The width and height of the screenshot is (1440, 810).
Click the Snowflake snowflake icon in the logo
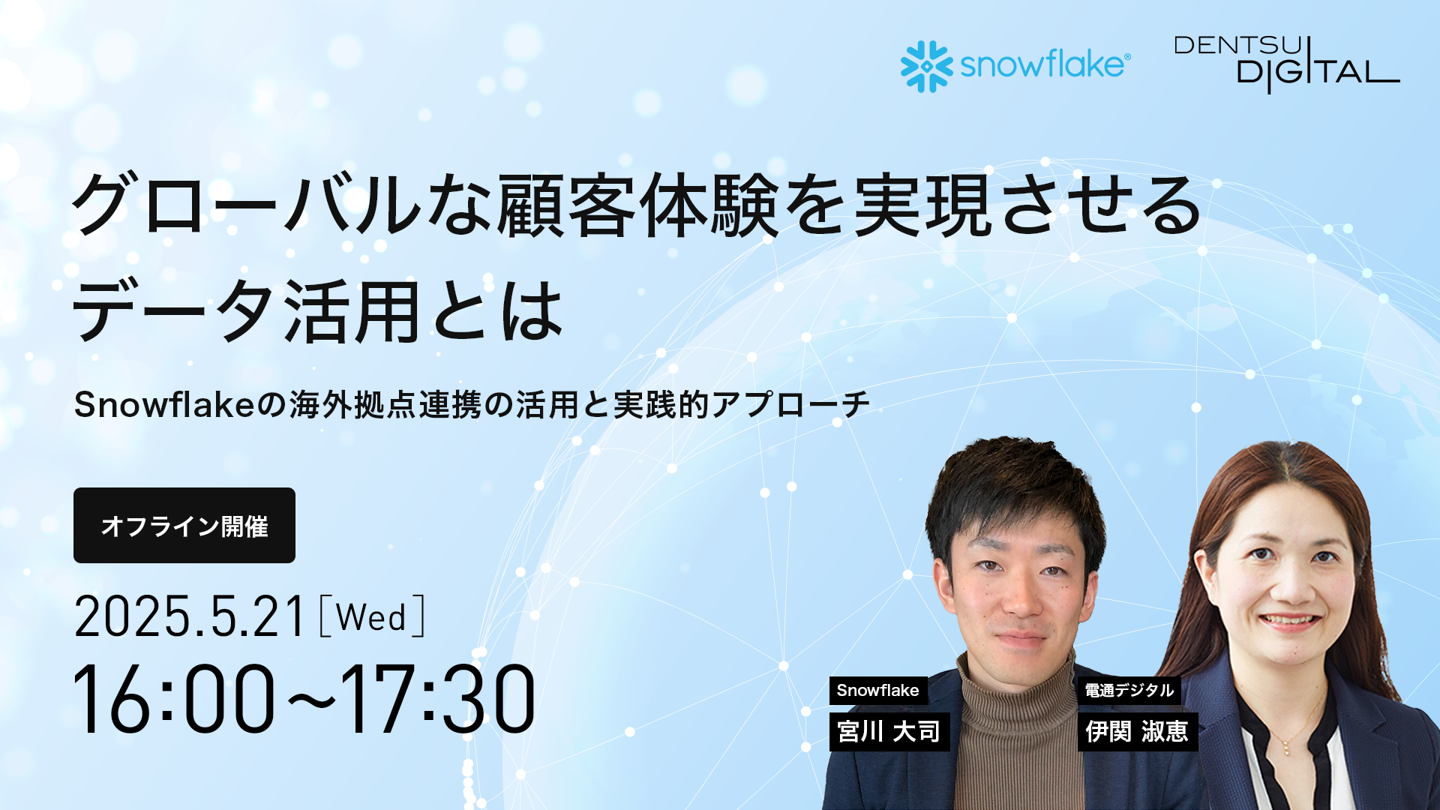pyautogui.click(x=927, y=66)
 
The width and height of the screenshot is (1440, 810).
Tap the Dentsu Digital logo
pyautogui.click(x=1287, y=64)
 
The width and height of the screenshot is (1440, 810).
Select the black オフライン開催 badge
pyautogui.click(x=184, y=525)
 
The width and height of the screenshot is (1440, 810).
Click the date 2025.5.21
pyautogui.click(x=190, y=617)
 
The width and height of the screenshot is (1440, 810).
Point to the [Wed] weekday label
pyautogui.click(x=372, y=616)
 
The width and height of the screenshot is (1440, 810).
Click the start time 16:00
pyautogui.click(x=174, y=698)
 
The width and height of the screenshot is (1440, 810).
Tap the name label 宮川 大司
pyautogui.click(x=889, y=731)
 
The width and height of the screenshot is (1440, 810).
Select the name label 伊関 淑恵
pyautogui.click(x=1138, y=731)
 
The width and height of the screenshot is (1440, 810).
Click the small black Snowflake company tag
pyautogui.click(x=878, y=690)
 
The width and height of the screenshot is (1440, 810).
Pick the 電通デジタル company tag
pyautogui.click(x=1129, y=690)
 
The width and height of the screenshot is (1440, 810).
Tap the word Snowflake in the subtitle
pyautogui.click(x=165, y=405)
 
